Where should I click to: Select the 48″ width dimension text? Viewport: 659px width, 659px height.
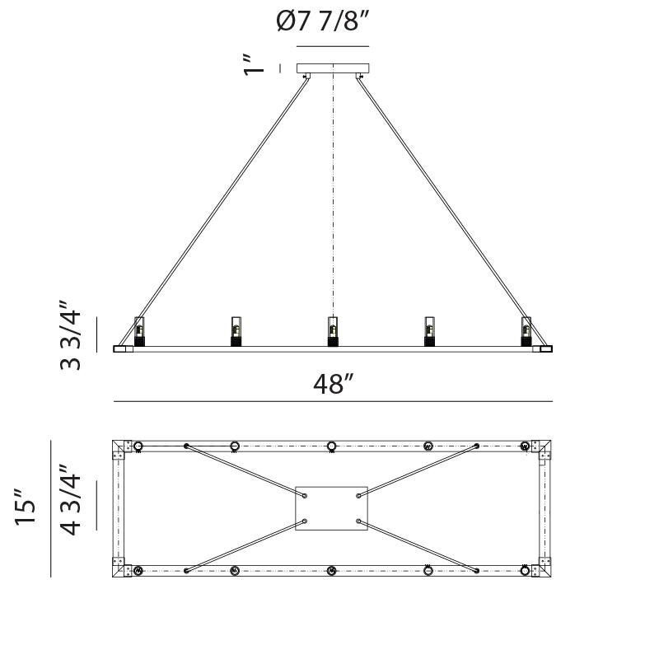pos(333,384)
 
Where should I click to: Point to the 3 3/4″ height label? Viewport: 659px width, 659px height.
pos(72,339)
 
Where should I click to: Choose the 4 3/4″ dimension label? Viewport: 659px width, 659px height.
pos(72,499)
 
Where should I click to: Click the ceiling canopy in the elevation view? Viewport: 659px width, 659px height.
pos(333,69)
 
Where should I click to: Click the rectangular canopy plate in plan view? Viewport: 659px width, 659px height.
pos(331,507)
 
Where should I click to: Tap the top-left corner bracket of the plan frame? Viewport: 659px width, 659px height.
pos(120,449)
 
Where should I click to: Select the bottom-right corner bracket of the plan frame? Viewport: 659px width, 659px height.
pos(544,568)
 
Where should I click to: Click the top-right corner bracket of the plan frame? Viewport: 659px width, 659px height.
pos(544,449)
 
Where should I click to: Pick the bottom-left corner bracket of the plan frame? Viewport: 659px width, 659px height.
pos(120,568)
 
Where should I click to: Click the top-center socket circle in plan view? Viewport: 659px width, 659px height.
pos(331,446)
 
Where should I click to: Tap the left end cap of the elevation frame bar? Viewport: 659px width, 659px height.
pos(123,349)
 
